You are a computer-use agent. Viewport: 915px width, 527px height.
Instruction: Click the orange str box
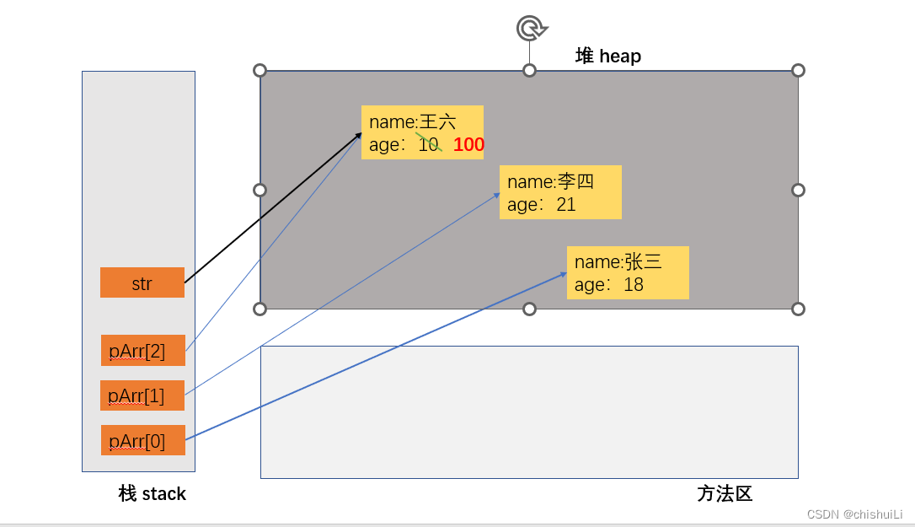click(142, 282)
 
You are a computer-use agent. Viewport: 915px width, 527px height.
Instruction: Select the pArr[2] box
click(142, 350)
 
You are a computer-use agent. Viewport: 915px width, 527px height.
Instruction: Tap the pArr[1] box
click(142, 395)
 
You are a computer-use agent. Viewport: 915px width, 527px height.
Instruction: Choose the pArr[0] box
click(142, 440)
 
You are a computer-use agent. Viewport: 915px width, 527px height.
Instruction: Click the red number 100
click(468, 145)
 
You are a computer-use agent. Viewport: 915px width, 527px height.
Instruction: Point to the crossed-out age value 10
click(429, 145)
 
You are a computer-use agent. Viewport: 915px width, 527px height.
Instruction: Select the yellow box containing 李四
click(560, 192)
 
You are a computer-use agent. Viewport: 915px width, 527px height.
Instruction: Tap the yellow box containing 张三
click(628, 272)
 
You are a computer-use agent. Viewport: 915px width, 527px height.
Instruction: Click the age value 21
click(566, 204)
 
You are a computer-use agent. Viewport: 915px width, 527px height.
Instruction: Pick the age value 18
click(634, 285)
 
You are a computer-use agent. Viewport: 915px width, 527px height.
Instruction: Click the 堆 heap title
click(608, 56)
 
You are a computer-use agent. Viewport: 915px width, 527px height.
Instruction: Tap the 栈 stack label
click(152, 494)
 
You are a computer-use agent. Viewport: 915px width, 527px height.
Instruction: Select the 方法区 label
click(725, 494)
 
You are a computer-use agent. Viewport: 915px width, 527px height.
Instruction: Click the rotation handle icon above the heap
click(530, 29)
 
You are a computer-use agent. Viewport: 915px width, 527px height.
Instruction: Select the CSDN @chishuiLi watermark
click(854, 514)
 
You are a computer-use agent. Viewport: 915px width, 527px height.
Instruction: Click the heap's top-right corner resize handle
click(798, 70)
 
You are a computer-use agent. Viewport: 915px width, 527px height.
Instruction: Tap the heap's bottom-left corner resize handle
click(260, 309)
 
